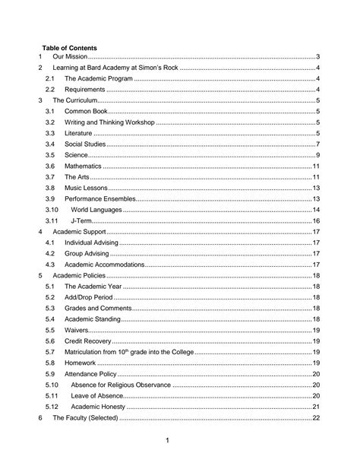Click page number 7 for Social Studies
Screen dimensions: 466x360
pyautogui.click(x=317, y=144)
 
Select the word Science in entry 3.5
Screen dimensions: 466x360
pyautogui.click(x=77, y=154)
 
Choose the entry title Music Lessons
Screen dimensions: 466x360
pyautogui.click(x=85, y=187)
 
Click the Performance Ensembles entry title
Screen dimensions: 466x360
pyautogui.click(x=99, y=198)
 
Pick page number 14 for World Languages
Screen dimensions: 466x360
pyautogui.click(x=315, y=209)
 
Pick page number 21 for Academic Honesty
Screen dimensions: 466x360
pyautogui.click(x=315, y=407)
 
